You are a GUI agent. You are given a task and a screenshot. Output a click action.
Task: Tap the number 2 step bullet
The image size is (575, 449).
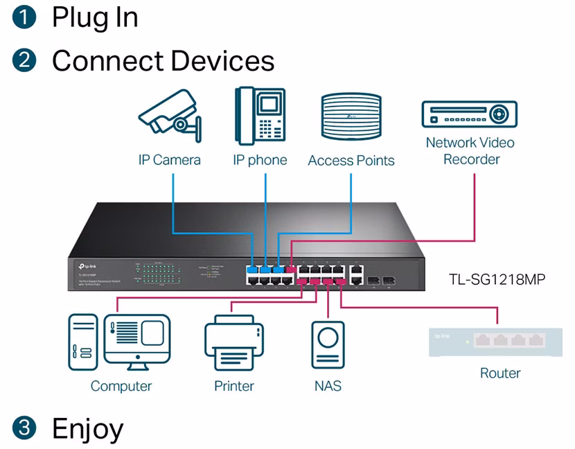23,61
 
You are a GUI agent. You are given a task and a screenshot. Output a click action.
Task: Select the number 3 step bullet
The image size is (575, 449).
23,428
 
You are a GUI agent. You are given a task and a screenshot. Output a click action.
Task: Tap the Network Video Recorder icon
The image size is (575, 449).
470,114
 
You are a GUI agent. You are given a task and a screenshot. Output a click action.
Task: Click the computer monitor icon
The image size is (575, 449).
136,342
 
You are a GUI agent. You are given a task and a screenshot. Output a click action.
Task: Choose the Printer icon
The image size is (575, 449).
234,342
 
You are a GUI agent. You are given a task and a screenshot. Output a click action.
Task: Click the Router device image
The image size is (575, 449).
495,341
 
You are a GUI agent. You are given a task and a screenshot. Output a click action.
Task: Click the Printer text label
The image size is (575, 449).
234,386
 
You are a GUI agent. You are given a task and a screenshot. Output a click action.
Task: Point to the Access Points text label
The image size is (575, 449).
351,161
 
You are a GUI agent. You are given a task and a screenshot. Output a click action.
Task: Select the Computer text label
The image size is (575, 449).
121,386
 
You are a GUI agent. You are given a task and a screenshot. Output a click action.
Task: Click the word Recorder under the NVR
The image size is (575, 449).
471,159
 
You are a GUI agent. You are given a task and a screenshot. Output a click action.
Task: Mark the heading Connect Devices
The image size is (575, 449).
163,61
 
